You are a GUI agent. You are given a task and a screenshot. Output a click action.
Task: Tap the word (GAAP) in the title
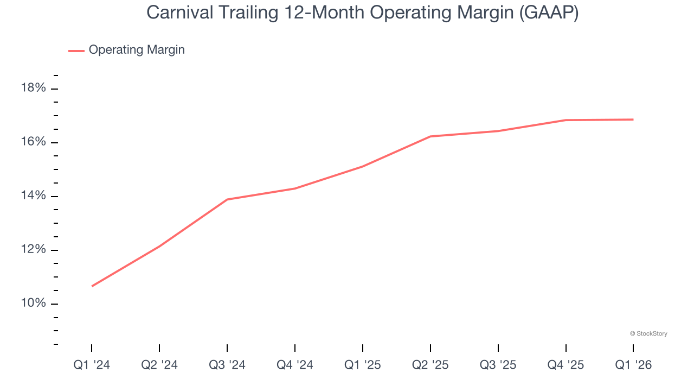[x=549, y=13]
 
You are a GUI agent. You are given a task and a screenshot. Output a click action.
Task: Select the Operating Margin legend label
[x=137, y=50]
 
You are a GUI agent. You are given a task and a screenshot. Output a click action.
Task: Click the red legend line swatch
[x=76, y=51]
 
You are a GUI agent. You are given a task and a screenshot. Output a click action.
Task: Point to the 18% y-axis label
[x=33, y=88]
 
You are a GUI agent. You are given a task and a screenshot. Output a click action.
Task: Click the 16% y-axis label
[x=33, y=142]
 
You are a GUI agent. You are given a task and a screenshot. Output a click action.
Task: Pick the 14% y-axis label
[x=33, y=195]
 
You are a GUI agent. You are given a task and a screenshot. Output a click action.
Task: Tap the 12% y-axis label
[x=33, y=249]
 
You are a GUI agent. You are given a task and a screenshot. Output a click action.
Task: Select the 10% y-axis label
[x=33, y=303]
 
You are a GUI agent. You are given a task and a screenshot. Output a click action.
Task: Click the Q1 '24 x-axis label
[x=92, y=365]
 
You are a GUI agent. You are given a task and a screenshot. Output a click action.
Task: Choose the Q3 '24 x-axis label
[x=227, y=365]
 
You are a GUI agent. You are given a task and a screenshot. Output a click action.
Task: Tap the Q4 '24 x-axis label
[x=295, y=365]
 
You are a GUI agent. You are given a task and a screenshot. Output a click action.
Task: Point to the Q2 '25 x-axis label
[x=430, y=365]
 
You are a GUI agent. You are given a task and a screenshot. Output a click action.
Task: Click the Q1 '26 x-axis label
[x=633, y=365]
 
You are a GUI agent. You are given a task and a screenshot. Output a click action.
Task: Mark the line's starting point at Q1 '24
[x=92, y=286]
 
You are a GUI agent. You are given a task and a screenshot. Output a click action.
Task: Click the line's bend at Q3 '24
[x=227, y=199]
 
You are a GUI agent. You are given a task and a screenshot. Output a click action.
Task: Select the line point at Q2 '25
[x=430, y=136]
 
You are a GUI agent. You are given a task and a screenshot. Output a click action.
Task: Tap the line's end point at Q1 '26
[x=633, y=119]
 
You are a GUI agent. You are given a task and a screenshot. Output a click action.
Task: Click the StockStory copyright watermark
[x=648, y=333]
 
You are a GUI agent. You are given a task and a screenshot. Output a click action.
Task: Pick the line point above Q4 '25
[x=566, y=120]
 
